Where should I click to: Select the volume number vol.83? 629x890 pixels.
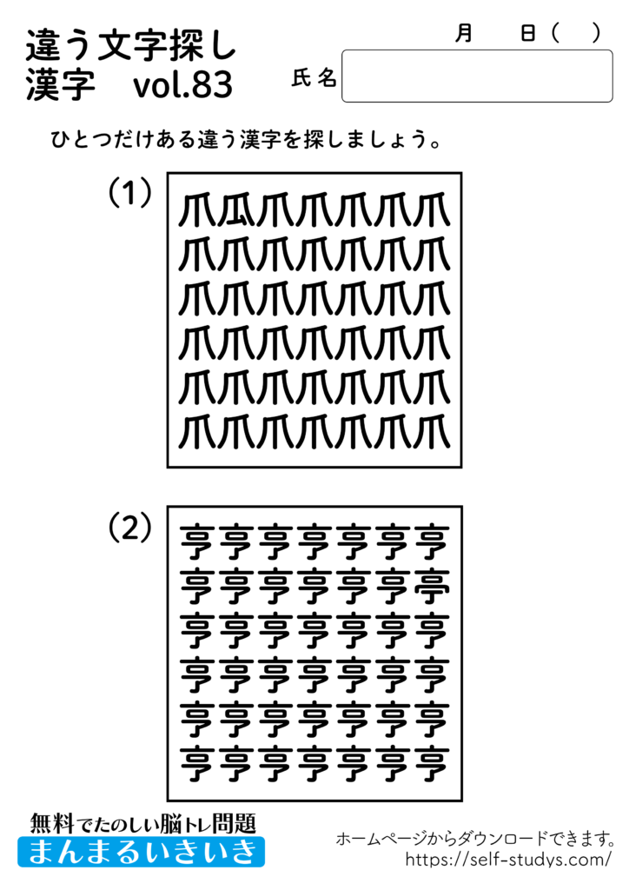pos(183,86)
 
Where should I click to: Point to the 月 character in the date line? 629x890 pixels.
pos(464,33)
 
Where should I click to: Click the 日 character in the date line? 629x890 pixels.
pos(527,33)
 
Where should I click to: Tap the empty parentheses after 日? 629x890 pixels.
pos(574,33)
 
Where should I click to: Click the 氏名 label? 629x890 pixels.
pos(314,78)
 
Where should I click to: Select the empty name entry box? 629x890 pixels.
pos(477,76)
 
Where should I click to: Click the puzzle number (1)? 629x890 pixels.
pos(130,192)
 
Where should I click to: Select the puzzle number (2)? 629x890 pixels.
pos(130,526)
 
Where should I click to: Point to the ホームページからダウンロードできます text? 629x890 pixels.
pos(475,839)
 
